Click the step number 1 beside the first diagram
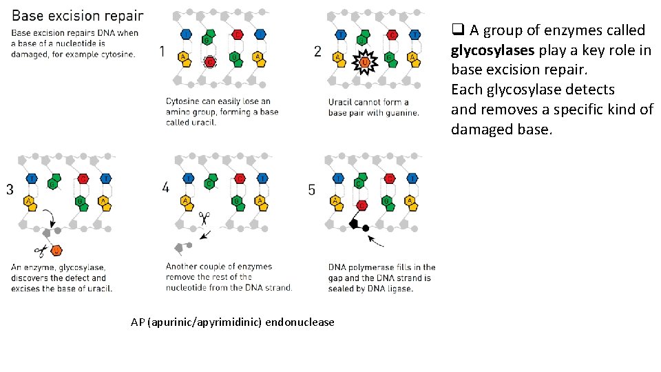click(161, 51)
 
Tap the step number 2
click(317, 51)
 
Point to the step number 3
click(10, 189)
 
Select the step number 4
click(166, 187)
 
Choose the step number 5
click(312, 189)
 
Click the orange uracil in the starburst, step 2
click(364, 64)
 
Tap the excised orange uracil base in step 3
click(56, 249)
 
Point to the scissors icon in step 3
click(41, 249)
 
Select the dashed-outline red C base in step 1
click(211, 62)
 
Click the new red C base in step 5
click(362, 205)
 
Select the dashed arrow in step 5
click(376, 241)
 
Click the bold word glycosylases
click(492, 50)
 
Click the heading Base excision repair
click(78, 15)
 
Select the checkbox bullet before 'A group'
click(457, 30)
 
